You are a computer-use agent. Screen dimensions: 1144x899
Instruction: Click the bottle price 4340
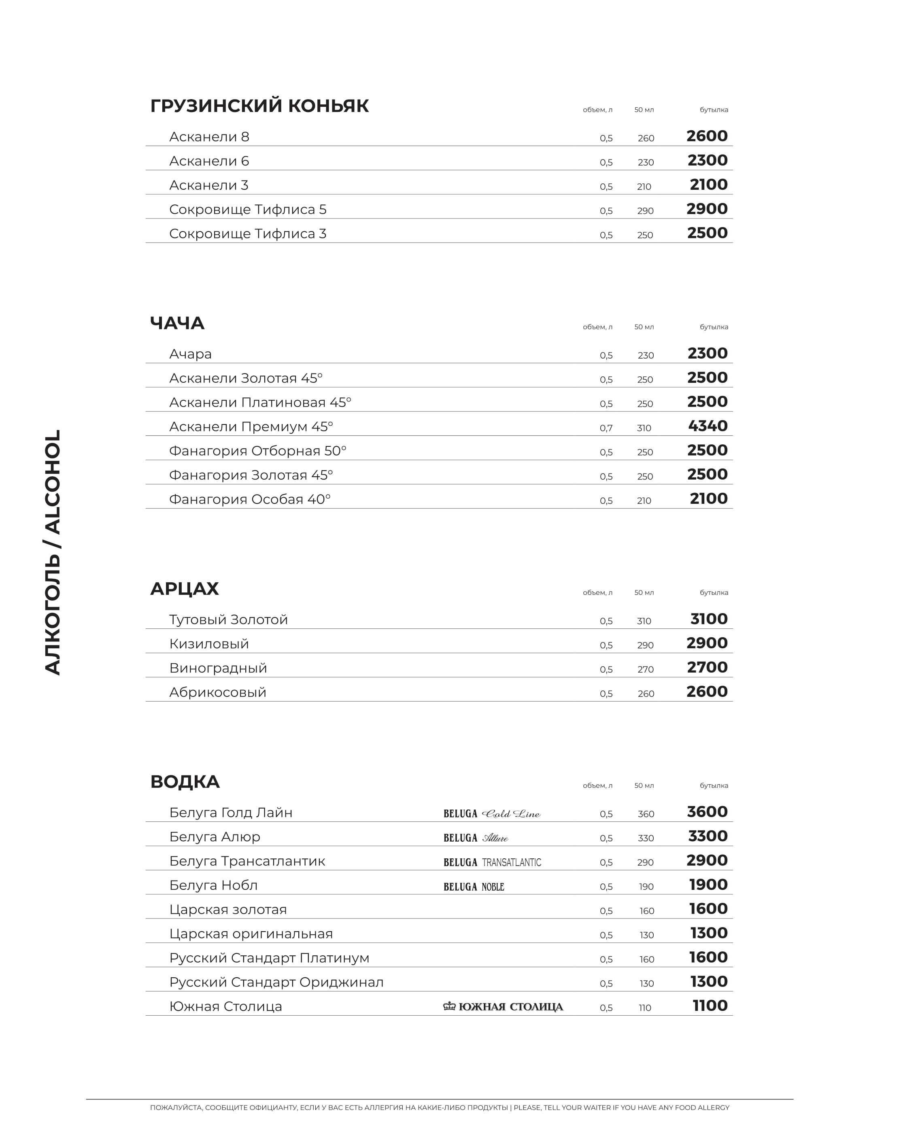[x=708, y=426]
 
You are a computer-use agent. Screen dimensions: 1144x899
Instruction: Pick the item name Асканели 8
[x=209, y=137]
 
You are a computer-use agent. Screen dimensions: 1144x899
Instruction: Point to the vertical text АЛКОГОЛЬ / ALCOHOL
[x=53, y=552]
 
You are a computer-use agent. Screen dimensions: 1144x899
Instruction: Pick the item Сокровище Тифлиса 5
[x=247, y=210]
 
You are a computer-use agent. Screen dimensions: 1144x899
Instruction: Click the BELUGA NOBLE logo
[x=474, y=887]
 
